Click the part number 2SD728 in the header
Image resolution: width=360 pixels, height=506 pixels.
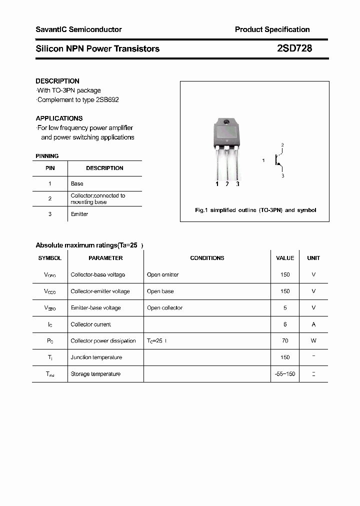pyautogui.click(x=294, y=48)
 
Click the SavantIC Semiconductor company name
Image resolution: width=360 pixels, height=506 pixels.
pyautogui.click(x=78, y=29)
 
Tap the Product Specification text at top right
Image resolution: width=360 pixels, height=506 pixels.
pyautogui.click(x=272, y=29)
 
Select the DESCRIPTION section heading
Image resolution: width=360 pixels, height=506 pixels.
pyautogui.click(x=57, y=81)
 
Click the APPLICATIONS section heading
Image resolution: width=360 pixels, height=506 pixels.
pyautogui.click(x=59, y=118)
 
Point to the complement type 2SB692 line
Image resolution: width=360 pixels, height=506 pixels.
pyautogui.click(x=78, y=99)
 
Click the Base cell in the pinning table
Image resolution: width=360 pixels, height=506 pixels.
pyautogui.click(x=77, y=183)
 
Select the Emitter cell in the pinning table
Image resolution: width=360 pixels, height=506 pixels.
pyautogui.click(x=79, y=214)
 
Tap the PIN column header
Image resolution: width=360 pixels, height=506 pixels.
pyautogui.click(x=50, y=168)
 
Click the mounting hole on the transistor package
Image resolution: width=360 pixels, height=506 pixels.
pyautogui.click(x=226, y=122)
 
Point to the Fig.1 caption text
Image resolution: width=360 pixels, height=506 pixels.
pyautogui.click(x=255, y=210)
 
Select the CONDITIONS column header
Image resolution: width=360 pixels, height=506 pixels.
pyautogui.click(x=207, y=258)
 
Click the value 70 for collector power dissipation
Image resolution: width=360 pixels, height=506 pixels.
pyautogui.click(x=285, y=341)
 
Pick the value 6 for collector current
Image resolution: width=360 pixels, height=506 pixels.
pyautogui.click(x=285, y=324)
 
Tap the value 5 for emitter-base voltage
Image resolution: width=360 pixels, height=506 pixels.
pyautogui.click(x=285, y=308)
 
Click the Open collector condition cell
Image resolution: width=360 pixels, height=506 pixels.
pyautogui.click(x=164, y=308)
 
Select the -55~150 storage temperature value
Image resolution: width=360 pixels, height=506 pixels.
pyautogui.click(x=285, y=374)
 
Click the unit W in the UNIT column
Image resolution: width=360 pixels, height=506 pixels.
pyautogui.click(x=313, y=341)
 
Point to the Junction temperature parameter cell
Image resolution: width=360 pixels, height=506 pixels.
pyautogui.click(x=96, y=357)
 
